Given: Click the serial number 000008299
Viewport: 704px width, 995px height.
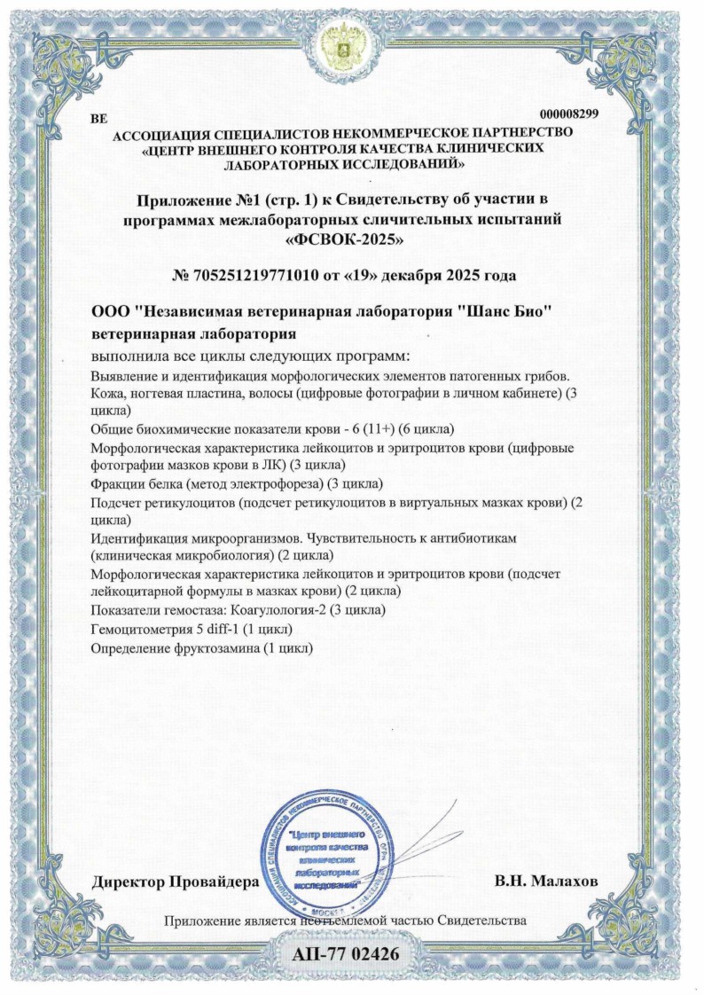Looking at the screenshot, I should (x=568, y=114).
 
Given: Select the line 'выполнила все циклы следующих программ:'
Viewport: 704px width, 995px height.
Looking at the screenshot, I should (x=246, y=356).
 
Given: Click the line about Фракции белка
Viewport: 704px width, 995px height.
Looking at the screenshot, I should (x=237, y=483).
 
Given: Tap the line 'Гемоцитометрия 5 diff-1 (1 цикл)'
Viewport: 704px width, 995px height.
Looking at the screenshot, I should (x=192, y=629).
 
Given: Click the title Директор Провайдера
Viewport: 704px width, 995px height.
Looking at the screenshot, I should (x=176, y=882).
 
